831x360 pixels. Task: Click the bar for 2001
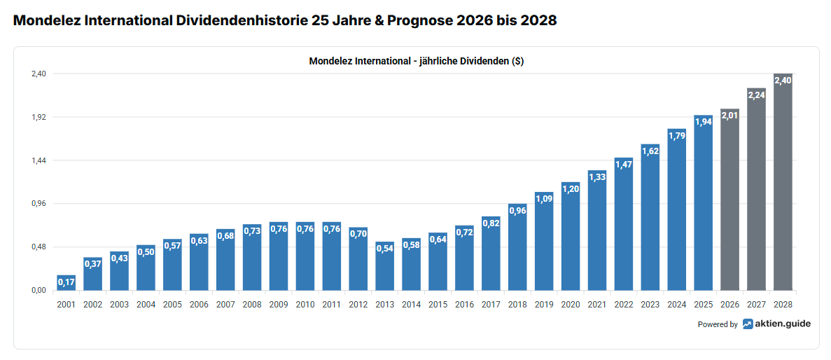point(67,284)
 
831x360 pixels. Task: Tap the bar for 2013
point(385,270)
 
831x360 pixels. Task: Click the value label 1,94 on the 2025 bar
point(704,123)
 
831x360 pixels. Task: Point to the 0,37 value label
point(93,264)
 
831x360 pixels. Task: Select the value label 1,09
point(544,199)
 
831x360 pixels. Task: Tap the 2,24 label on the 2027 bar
point(757,95)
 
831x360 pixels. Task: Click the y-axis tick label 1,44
point(38,160)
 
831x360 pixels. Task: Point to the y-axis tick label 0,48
point(38,247)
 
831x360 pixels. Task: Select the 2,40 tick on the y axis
point(38,74)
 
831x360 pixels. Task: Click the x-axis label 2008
point(252,305)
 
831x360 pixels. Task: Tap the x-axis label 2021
point(597,305)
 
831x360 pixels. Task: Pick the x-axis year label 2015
point(438,305)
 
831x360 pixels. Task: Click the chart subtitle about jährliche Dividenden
point(416,61)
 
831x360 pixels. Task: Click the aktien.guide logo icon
point(748,324)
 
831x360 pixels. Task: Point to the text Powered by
point(717,324)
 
